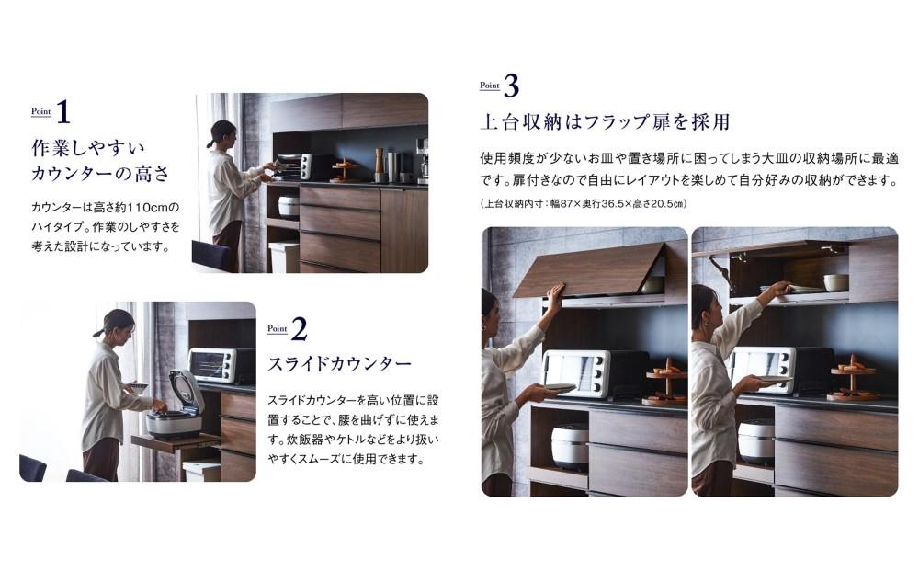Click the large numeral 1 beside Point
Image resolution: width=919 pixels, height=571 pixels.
[x=64, y=112]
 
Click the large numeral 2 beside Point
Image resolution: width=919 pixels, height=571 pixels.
[x=299, y=329]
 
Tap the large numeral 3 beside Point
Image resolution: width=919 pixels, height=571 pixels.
[x=511, y=86]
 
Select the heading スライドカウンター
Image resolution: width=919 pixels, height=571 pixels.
[x=340, y=364]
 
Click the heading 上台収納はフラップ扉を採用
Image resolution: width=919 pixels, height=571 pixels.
[x=605, y=122]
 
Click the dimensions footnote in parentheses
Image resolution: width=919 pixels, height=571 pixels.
[x=584, y=203]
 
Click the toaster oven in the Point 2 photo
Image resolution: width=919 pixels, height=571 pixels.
[x=221, y=365]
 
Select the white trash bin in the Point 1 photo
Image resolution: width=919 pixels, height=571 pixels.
[x=284, y=257]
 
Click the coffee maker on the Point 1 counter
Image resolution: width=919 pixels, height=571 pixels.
[x=422, y=161]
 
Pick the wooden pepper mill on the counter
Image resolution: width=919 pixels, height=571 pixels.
[x=380, y=165]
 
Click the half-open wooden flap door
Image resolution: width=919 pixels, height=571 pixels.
[x=589, y=271]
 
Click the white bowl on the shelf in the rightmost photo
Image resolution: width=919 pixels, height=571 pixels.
[x=835, y=282]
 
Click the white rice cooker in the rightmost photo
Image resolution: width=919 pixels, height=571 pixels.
[x=756, y=441]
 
